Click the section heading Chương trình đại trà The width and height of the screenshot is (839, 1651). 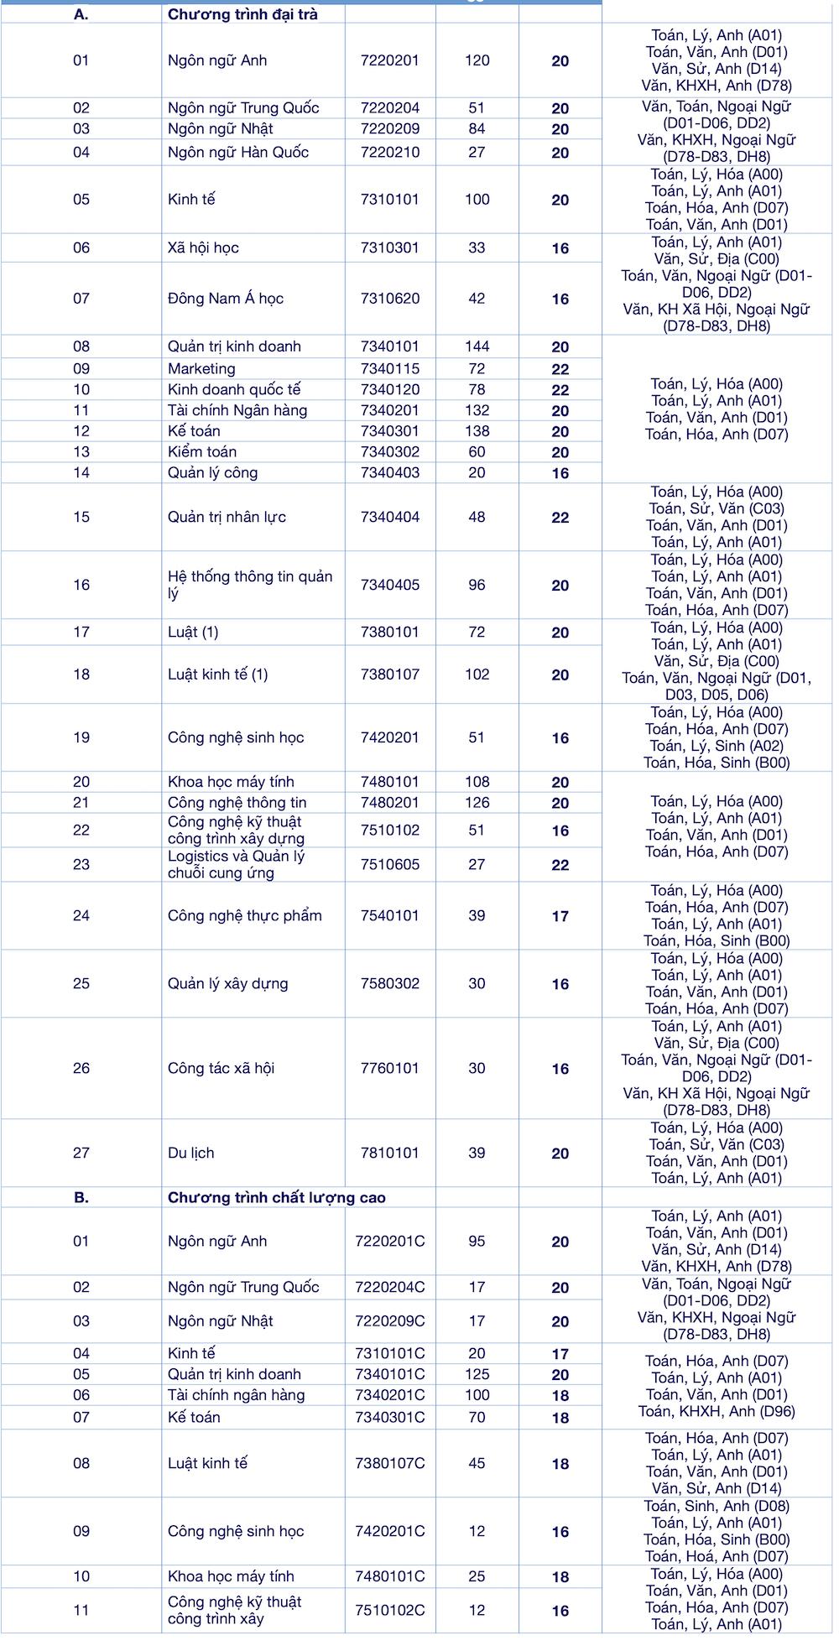pyautogui.click(x=242, y=14)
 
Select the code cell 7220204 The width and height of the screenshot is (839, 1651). pyautogui.click(x=389, y=108)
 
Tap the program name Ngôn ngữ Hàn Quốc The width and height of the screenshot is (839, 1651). pyautogui.click(x=237, y=153)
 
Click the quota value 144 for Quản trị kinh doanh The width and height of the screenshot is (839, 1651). pyautogui.click(x=477, y=346)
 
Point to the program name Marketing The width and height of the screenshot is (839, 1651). pyautogui.click(x=201, y=369)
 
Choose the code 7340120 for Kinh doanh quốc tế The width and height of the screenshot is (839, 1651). pyautogui.click(x=389, y=390)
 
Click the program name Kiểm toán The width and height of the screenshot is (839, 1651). pyautogui.click(x=194, y=452)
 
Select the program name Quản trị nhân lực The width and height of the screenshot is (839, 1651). pyautogui.click(x=227, y=518)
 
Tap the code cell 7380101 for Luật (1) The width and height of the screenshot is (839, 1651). pyautogui.click(x=389, y=633)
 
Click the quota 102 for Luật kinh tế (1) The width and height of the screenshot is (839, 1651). pyautogui.click(x=477, y=674)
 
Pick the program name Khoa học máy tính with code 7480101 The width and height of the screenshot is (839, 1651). pyautogui.click(x=231, y=782)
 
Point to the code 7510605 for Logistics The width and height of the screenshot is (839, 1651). pyautogui.click(x=389, y=865)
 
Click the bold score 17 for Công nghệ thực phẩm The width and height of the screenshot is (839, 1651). pyautogui.click(x=560, y=917)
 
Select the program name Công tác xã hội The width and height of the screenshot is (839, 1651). pyautogui.click(x=221, y=1069)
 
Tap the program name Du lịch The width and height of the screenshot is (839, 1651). pyautogui.click(x=190, y=1154)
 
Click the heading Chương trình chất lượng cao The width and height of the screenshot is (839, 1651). pyautogui.click(x=277, y=1198)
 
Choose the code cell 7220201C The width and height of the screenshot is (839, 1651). pyautogui.click(x=389, y=1242)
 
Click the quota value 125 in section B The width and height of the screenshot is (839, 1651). pyautogui.click(x=477, y=1375)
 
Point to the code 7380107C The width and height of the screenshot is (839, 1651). pyautogui.click(x=389, y=1464)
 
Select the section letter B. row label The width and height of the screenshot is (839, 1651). pyautogui.click(x=81, y=1198)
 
